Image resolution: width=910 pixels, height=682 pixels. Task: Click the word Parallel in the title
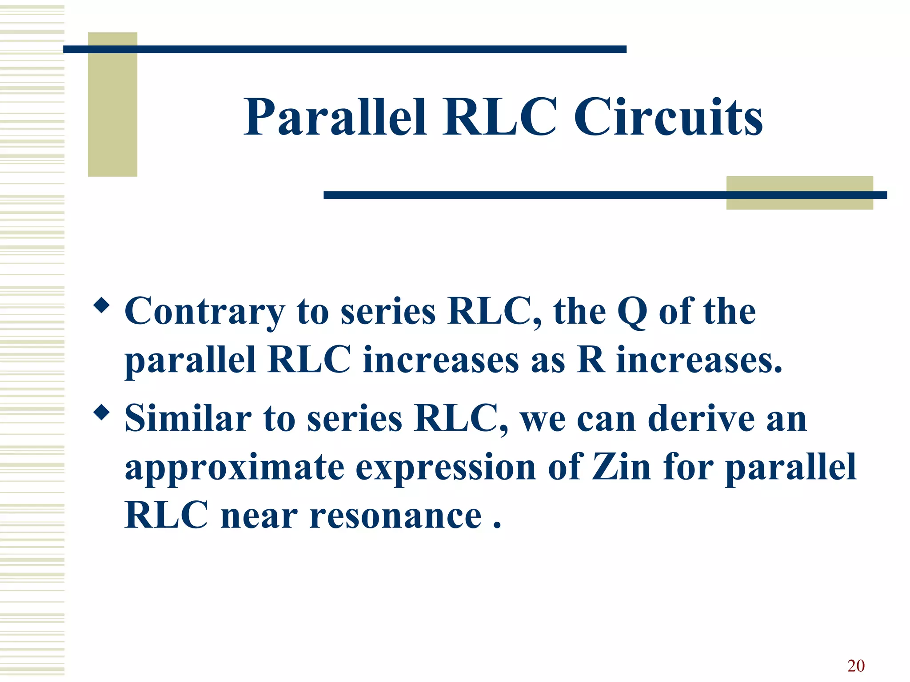click(335, 118)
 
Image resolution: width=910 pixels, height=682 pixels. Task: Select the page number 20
click(856, 666)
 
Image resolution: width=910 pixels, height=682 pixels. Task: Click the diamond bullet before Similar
click(102, 413)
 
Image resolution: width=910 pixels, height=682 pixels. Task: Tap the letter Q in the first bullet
click(632, 312)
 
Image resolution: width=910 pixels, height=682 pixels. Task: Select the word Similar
click(188, 419)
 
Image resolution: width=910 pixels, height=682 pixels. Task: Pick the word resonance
click(395, 516)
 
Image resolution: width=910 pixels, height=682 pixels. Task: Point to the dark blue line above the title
click(344, 49)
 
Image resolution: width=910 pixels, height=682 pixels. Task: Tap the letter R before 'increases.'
click(591, 360)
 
